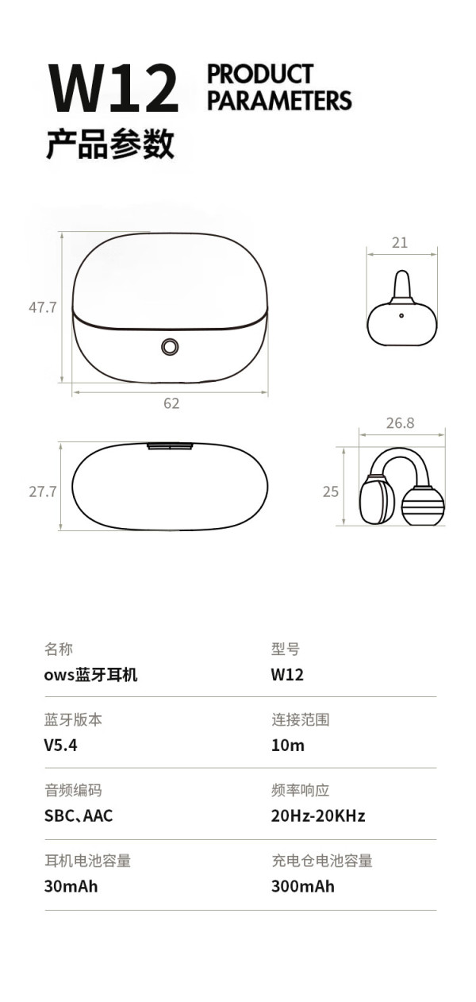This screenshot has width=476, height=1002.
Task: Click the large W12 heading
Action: point(113,88)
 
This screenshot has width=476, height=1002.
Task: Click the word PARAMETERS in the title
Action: point(279,101)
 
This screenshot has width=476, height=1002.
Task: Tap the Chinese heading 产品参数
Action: point(110,144)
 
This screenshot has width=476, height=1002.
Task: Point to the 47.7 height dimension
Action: point(43,307)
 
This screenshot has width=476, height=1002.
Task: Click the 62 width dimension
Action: point(171,403)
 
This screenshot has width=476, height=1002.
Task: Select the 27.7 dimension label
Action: point(43,491)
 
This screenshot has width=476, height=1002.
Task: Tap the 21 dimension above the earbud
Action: point(400,242)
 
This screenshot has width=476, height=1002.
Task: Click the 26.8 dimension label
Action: point(400,422)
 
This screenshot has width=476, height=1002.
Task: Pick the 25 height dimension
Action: point(331,491)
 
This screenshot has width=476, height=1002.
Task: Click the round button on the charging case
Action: point(170,347)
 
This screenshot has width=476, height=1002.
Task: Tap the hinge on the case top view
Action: point(170,446)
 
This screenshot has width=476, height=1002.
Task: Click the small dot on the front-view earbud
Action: point(401,315)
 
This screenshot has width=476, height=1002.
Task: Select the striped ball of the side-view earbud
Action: point(423,506)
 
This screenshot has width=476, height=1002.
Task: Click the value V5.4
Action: point(60,746)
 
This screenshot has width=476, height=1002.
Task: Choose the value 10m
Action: point(287,746)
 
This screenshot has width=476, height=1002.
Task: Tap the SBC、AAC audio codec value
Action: point(79,815)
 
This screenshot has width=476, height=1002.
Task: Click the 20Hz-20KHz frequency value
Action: point(318,815)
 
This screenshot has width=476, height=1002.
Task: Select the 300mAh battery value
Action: point(302,886)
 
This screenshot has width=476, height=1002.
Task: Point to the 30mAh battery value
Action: point(71,886)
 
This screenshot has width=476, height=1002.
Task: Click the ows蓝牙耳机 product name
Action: point(90,675)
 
